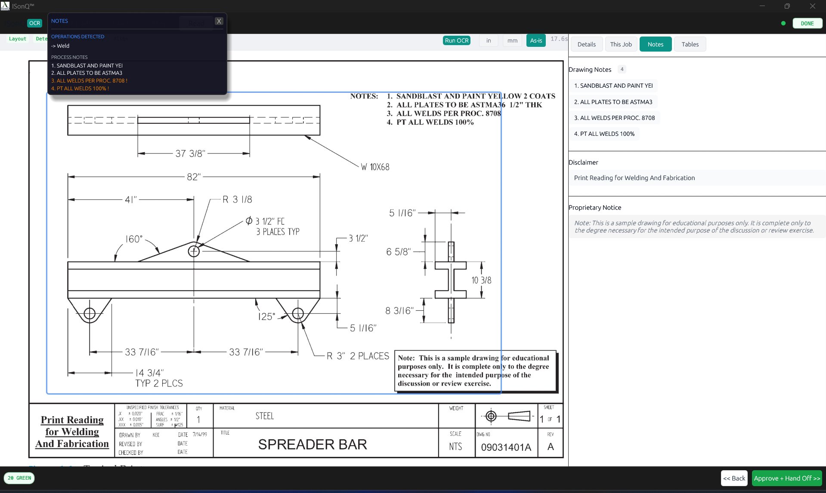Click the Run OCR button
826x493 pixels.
click(456, 40)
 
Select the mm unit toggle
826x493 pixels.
click(512, 40)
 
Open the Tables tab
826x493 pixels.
click(690, 44)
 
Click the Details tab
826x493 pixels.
click(586, 44)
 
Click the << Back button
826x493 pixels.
click(733, 478)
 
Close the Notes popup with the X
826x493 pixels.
click(219, 21)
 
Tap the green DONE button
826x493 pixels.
click(807, 24)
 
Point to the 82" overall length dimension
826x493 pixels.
click(194, 177)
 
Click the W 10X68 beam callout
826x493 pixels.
click(375, 167)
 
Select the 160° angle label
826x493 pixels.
click(134, 239)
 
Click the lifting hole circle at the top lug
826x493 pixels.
click(194, 251)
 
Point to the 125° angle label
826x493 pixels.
click(266, 317)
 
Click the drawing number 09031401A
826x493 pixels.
click(506, 447)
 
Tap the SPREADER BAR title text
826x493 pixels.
click(312, 444)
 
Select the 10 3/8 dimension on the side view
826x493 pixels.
click(481, 280)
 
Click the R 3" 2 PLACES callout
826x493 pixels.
click(357, 356)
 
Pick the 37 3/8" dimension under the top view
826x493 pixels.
click(190, 153)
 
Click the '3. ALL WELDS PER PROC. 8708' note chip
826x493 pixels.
click(614, 118)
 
